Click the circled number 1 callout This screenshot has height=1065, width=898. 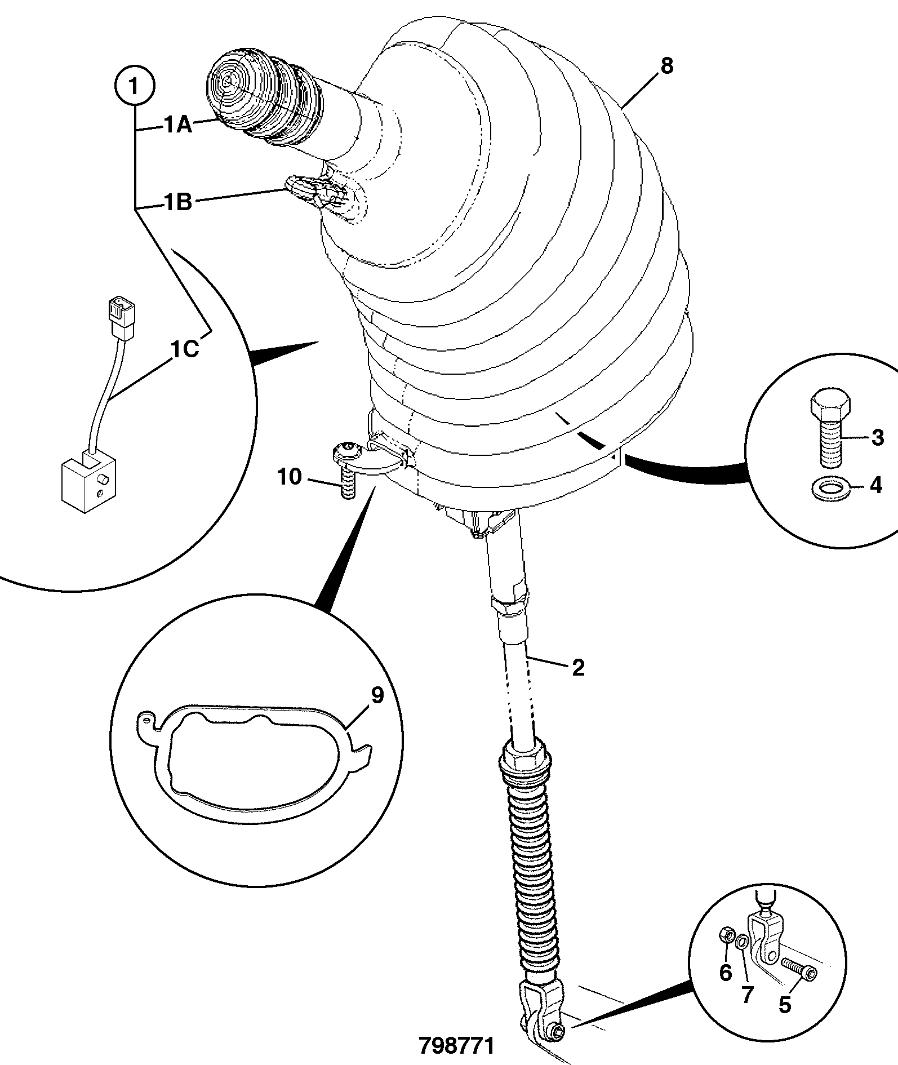134,87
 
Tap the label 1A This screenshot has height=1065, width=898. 179,125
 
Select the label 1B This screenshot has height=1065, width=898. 178,202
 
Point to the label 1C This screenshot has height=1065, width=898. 185,349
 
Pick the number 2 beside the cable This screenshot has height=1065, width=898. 578,668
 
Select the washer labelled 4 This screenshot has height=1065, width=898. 830,489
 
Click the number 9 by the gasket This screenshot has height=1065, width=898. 377,695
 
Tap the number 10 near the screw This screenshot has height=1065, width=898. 290,477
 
